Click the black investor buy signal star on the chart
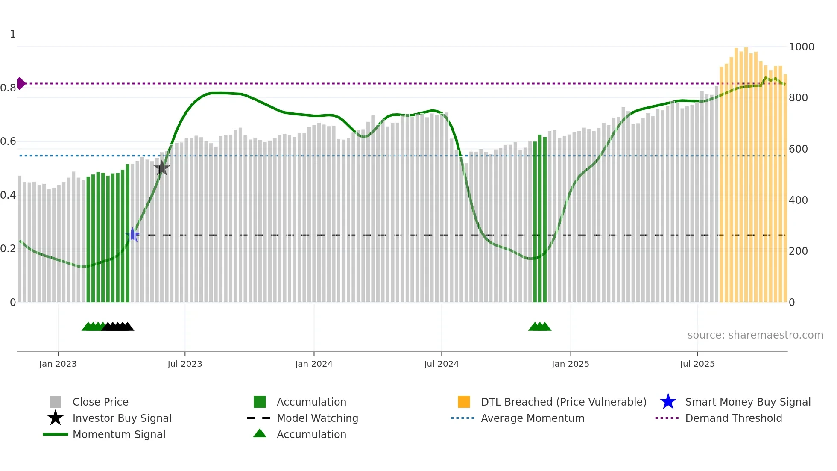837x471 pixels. [x=162, y=168]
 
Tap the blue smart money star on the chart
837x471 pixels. [x=132, y=235]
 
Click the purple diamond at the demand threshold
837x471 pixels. [x=20, y=83]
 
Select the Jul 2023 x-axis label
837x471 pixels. [x=184, y=364]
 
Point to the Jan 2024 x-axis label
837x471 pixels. [x=313, y=364]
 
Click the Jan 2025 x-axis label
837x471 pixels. [x=570, y=364]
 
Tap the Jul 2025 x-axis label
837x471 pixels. [x=697, y=364]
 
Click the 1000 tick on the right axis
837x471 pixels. [x=801, y=47]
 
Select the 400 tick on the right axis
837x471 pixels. [x=798, y=200]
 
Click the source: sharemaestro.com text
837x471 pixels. [x=755, y=335]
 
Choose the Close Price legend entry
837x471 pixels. [x=100, y=402]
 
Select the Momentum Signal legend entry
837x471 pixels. [x=119, y=434]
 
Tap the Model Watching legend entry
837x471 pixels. [x=317, y=418]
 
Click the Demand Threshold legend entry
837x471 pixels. [x=733, y=418]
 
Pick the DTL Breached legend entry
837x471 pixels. [x=563, y=402]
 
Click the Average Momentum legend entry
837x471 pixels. [x=533, y=418]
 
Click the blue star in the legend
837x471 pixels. [x=668, y=402]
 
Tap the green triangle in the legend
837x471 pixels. [x=260, y=433]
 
